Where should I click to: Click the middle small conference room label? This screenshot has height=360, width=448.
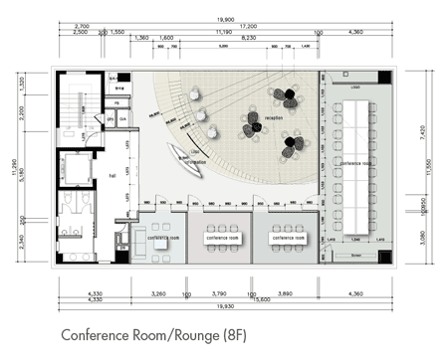click(x=223, y=239)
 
